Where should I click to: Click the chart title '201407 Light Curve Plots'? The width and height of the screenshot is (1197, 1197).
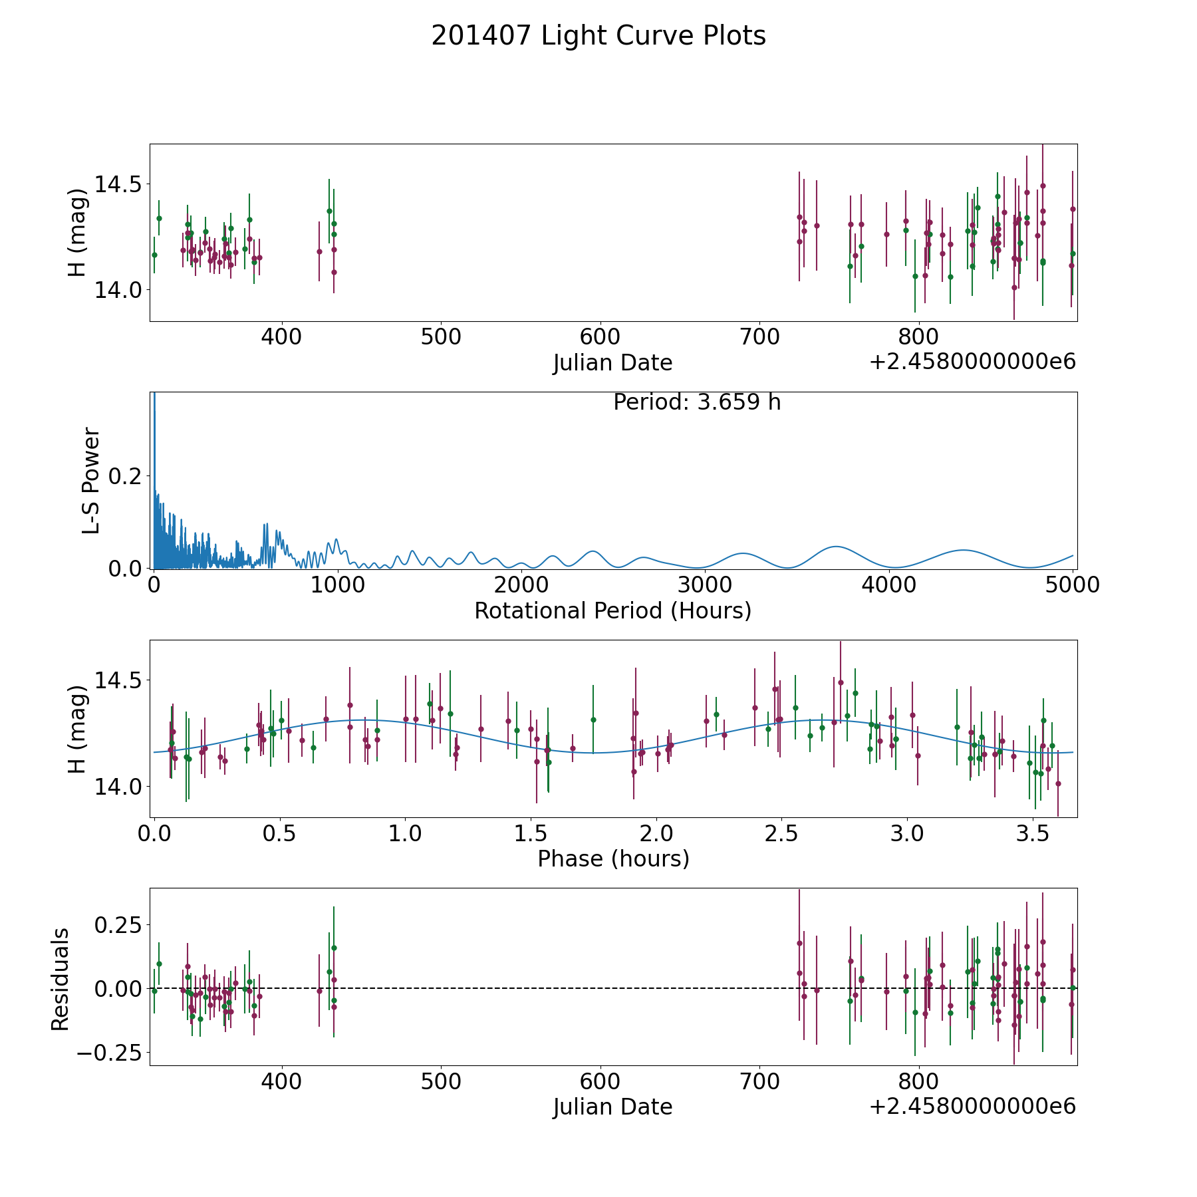click(598, 36)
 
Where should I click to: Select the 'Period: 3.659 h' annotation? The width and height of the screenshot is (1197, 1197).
click(697, 402)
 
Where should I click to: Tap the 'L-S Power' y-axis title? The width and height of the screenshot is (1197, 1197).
click(91, 481)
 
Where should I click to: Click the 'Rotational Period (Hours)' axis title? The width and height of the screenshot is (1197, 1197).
click(612, 610)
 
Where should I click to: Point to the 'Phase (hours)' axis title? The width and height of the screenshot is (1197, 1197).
click(613, 859)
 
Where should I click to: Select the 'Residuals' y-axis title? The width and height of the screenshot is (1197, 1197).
click(61, 980)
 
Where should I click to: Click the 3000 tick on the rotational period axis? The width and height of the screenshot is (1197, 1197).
click(705, 585)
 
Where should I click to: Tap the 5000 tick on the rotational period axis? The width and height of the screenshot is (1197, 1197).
click(1073, 585)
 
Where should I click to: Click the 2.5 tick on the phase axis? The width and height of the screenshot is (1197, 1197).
click(781, 833)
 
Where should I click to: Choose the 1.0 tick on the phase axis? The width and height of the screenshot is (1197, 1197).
click(405, 833)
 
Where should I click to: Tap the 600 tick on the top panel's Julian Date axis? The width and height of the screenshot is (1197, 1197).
click(600, 336)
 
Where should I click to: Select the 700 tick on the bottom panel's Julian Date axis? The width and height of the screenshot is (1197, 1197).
click(759, 1081)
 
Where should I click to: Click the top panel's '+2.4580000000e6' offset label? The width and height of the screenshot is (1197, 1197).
click(972, 362)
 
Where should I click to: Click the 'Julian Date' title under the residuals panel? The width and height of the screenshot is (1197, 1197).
click(612, 1107)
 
